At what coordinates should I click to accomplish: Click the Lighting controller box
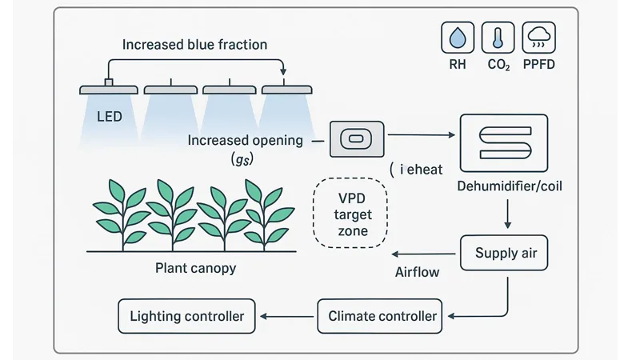186,316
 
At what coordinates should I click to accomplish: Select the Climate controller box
382,316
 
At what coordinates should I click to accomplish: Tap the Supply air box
506,254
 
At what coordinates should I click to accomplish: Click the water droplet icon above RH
458,38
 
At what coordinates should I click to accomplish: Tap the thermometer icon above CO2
498,38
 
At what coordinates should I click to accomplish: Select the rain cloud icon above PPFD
539,38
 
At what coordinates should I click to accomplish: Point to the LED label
110,117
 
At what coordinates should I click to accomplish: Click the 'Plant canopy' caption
196,268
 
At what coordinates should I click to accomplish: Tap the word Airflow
418,272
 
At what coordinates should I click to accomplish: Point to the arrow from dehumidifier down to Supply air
506,214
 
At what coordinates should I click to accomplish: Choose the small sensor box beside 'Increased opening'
357,140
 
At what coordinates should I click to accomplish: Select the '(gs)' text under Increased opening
242,160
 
